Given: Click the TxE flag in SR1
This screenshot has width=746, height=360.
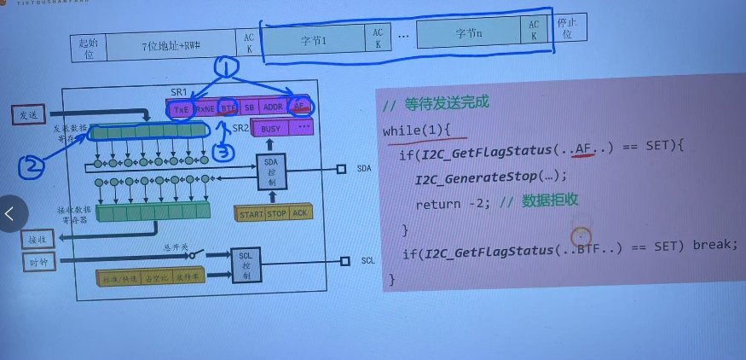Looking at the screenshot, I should coord(181,109).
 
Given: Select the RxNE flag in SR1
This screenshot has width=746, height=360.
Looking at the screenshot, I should coord(205,109).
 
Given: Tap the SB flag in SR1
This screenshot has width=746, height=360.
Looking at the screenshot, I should coord(249,108).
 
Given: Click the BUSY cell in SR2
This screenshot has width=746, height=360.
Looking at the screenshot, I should coord(270,129).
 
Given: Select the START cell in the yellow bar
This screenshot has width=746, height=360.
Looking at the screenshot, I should coord(251,214).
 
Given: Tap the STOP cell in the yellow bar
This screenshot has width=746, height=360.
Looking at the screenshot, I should coord(277,214).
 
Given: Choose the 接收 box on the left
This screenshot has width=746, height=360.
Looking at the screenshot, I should coord(37,239).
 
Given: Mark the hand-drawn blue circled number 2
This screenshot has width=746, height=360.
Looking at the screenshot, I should coord(31,167).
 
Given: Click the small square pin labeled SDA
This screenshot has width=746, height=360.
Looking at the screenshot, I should coord(341,169).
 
